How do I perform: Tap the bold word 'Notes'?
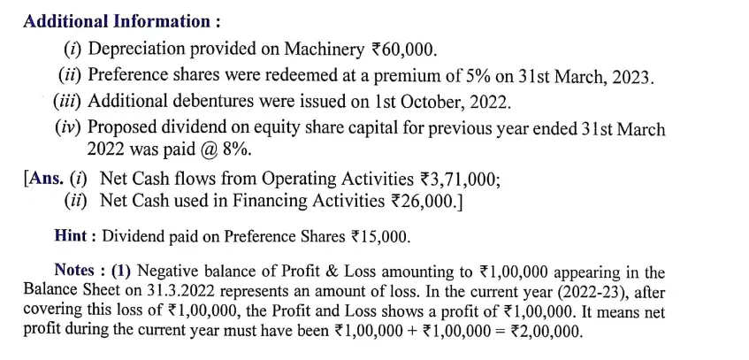(x=78, y=271)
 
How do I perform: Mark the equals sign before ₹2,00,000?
(x=498, y=332)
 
